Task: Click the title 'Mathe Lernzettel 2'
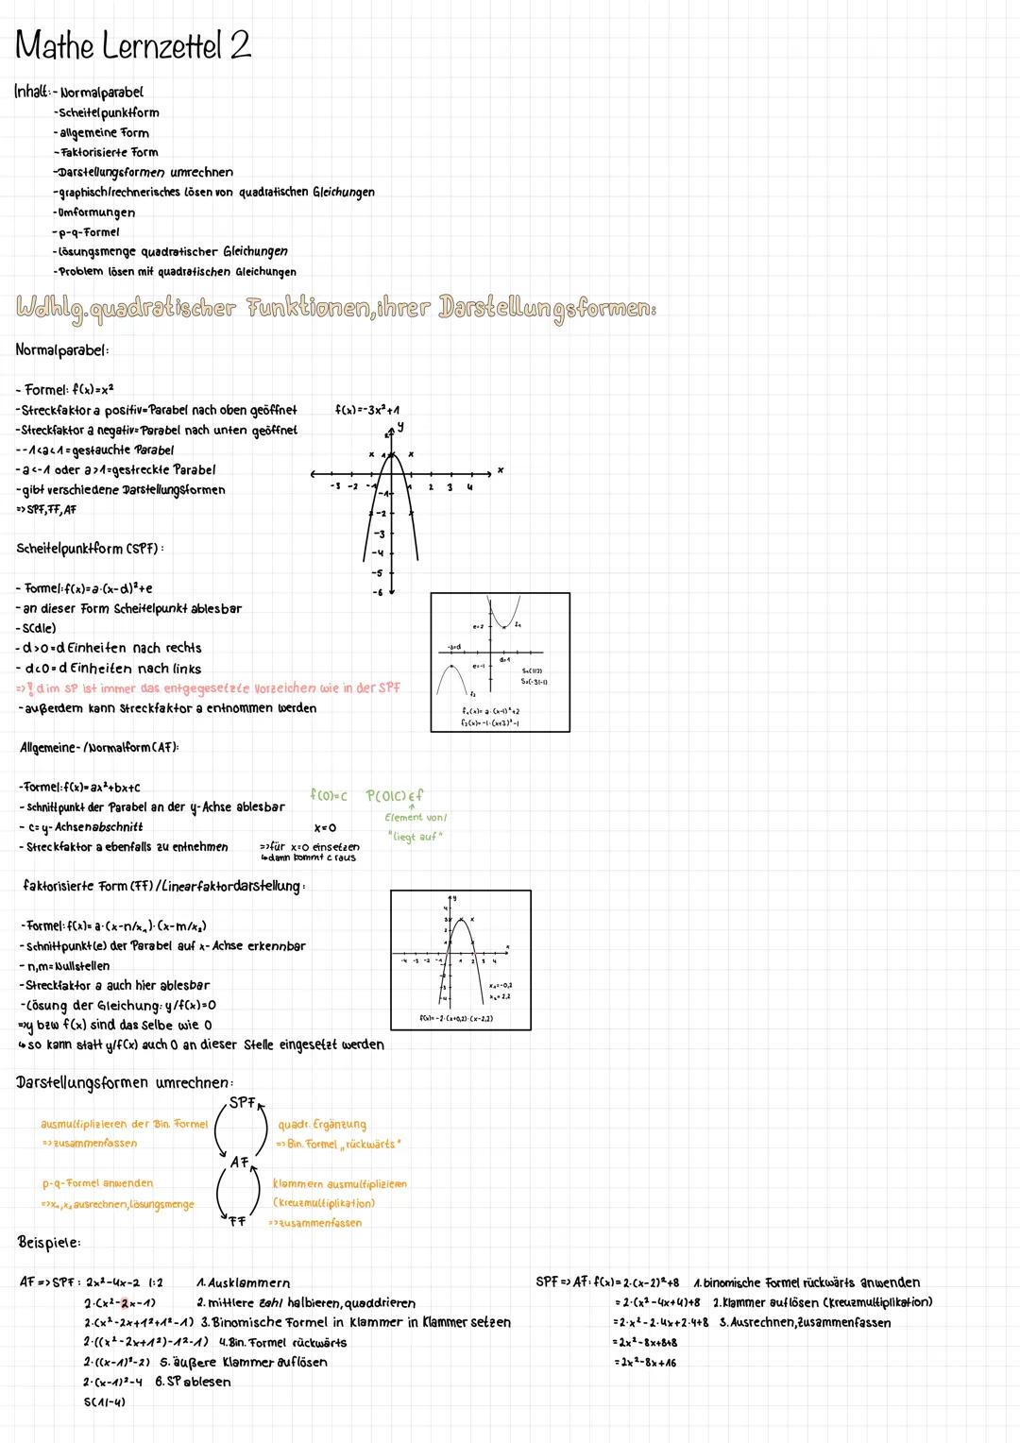pos(133,45)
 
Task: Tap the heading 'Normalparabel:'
pos(62,350)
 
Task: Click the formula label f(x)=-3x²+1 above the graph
pos(366,411)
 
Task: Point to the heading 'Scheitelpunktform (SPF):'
pos(90,549)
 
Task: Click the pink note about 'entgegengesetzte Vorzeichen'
pos(208,688)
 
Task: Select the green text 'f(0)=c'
pos(328,796)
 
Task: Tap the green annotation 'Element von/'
pos(416,818)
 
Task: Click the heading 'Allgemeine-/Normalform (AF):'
pos(99,748)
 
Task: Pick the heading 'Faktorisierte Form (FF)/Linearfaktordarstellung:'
pos(162,886)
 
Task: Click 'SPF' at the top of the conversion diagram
pos(243,1102)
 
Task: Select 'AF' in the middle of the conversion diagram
pos(240,1163)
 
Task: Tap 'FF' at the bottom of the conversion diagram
pos(237,1221)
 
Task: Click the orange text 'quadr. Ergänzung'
pos(322,1125)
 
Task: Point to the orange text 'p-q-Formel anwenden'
pos(97,1183)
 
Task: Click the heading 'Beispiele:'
pos(49,1242)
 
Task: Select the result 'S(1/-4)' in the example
pos(104,1401)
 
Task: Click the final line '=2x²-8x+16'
pos(644,1363)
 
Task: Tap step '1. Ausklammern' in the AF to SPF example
pos(243,1283)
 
